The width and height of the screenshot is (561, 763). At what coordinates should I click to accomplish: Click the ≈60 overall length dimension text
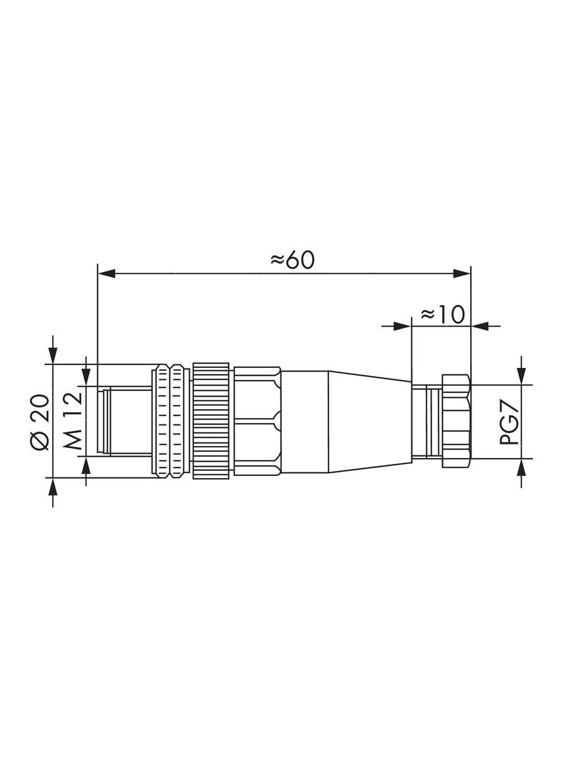point(293,260)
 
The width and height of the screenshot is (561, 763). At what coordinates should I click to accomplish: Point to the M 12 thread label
point(72,422)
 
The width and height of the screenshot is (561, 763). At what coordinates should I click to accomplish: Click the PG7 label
point(509,422)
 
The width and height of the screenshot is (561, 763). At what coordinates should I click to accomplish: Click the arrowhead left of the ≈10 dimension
point(404,326)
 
